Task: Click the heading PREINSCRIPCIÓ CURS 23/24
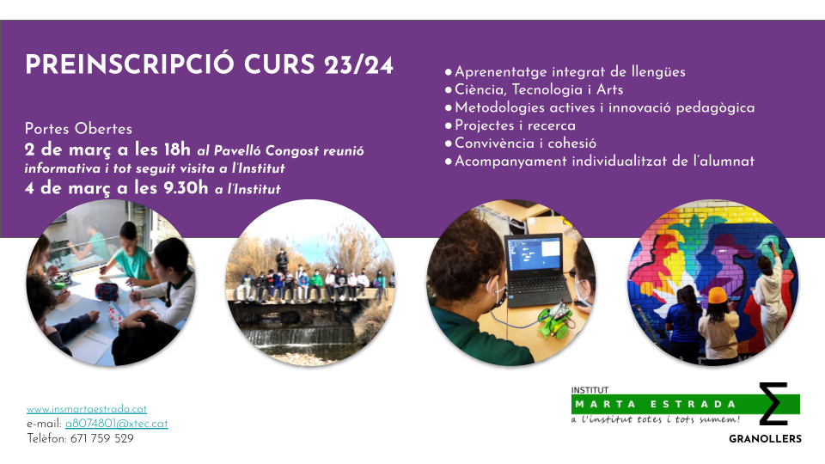click(x=209, y=64)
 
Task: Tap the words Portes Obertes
click(x=78, y=129)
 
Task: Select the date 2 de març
click(x=68, y=150)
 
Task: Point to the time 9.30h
click(x=186, y=188)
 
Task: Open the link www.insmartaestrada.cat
click(x=87, y=409)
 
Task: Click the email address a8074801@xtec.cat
click(x=116, y=424)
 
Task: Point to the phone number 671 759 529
click(x=101, y=438)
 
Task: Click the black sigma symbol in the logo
click(x=773, y=404)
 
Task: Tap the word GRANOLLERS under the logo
click(x=765, y=439)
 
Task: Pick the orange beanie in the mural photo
click(x=717, y=295)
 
